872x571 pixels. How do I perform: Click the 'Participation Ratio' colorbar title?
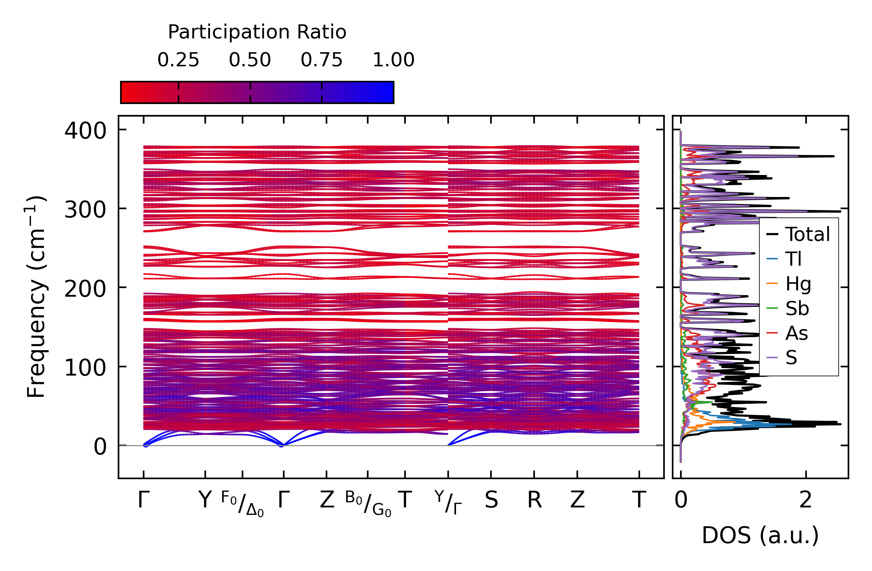tap(257, 32)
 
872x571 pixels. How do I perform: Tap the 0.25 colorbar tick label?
tap(178, 60)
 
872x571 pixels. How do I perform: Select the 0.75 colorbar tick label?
tap(321, 60)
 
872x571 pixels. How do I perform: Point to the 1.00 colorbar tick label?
tap(393, 60)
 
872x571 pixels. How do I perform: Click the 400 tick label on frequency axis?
tap(85, 131)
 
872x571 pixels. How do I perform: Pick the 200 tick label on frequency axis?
tap(85, 289)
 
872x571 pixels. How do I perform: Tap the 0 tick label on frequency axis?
tap(100, 447)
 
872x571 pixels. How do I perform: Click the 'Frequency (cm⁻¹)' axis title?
tap(36, 297)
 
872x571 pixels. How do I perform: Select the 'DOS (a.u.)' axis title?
tap(760, 535)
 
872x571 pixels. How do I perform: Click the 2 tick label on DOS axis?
tap(806, 500)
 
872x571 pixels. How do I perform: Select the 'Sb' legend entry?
tap(797, 308)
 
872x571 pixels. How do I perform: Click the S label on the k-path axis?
tap(491, 500)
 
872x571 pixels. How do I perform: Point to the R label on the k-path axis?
tap(534, 500)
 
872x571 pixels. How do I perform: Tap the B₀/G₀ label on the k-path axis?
tap(368, 504)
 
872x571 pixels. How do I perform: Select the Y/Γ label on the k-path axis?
tap(448, 502)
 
